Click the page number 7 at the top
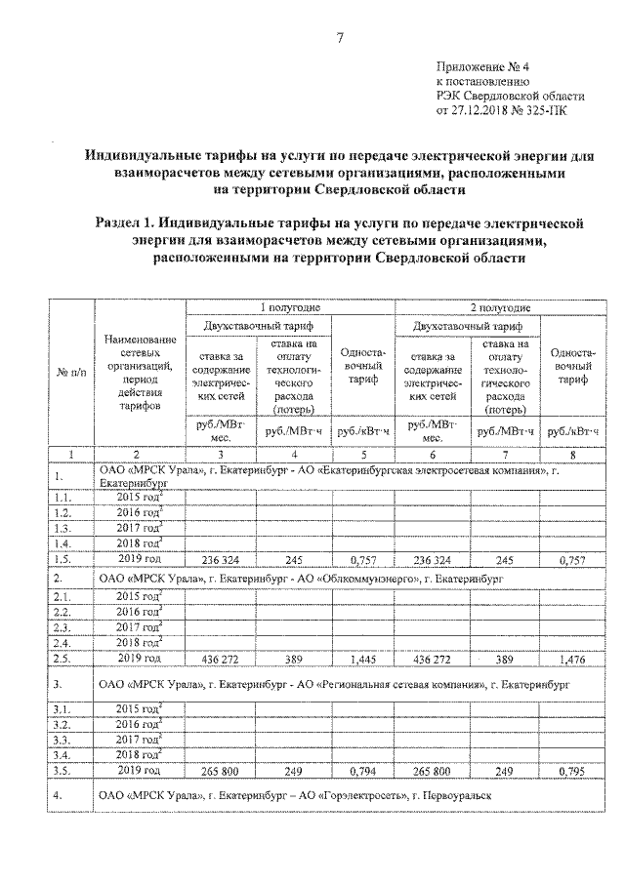(339, 37)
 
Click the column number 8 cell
(571, 455)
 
